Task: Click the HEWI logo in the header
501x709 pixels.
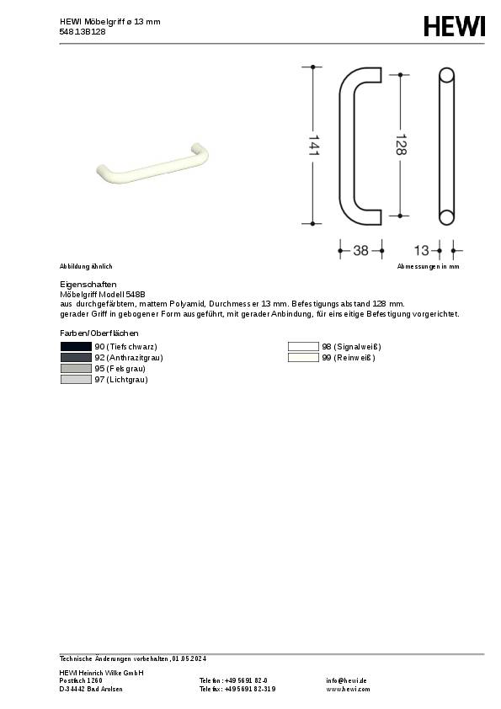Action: [x=455, y=27]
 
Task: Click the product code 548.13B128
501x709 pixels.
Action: [x=83, y=31]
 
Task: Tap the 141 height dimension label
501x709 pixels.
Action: [x=313, y=145]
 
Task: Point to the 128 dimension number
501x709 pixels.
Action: [x=401, y=145]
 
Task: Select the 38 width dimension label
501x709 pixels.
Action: [x=360, y=250]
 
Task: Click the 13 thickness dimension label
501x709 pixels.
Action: [x=422, y=250]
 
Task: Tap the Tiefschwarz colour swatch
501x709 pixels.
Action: [x=76, y=347]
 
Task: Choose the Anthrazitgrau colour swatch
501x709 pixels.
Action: [x=76, y=358]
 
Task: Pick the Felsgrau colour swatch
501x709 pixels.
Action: [x=76, y=369]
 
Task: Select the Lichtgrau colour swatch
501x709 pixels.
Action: [x=76, y=380]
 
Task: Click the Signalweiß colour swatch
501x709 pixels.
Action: [x=303, y=347]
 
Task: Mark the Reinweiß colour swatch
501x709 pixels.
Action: [x=303, y=358]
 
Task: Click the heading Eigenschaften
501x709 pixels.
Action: [x=88, y=285]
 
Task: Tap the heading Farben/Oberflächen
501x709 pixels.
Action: [x=99, y=334]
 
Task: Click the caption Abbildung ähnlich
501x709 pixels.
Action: [x=86, y=266]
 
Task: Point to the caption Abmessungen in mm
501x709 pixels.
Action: [x=429, y=266]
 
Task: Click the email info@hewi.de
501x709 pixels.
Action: [x=346, y=680]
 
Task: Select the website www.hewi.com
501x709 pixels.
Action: [x=347, y=689]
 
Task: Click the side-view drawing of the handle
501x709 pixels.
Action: [x=446, y=145]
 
